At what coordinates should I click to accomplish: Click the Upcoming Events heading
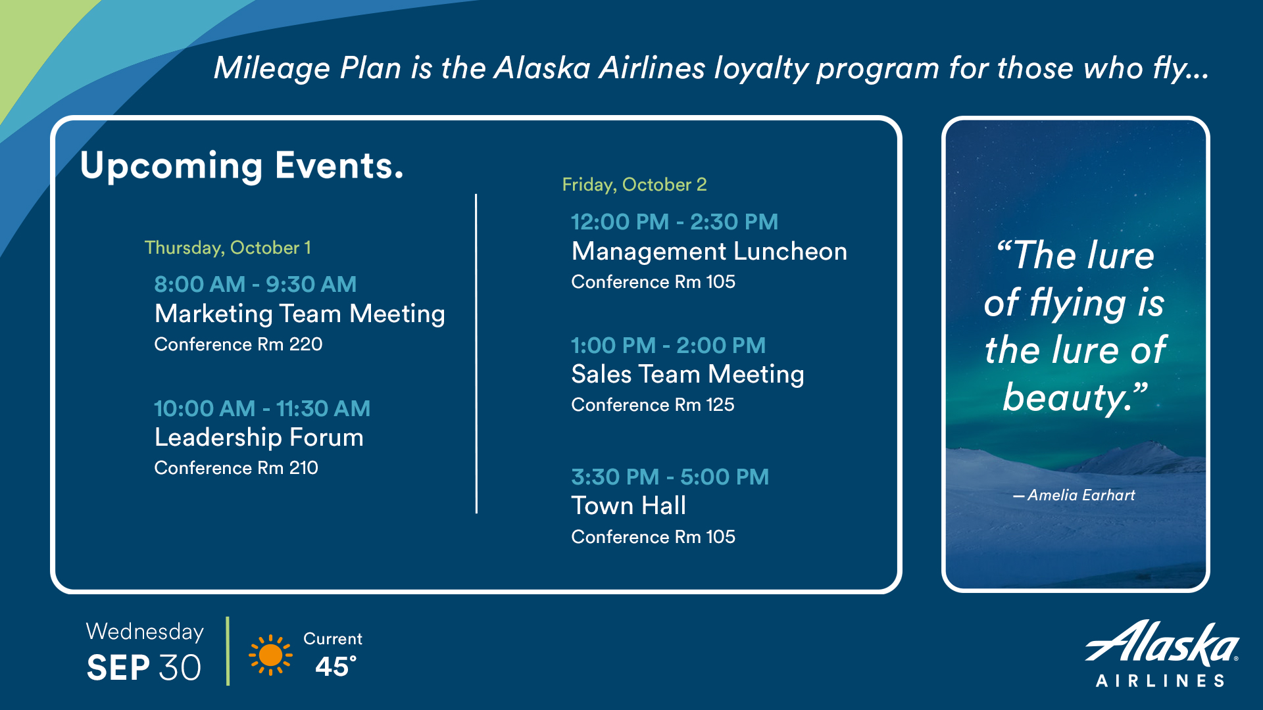241,166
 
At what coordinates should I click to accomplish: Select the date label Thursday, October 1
228,248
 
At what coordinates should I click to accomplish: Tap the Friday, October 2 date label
634,185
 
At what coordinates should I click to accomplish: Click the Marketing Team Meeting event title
299,314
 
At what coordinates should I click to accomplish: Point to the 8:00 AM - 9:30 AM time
255,284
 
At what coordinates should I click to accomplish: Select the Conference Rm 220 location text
238,344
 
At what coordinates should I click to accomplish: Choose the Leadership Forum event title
259,437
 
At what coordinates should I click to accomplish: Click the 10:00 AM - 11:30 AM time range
262,408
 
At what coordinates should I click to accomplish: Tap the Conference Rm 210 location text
236,467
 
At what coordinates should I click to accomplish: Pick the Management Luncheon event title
709,251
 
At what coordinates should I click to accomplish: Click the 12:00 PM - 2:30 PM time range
674,222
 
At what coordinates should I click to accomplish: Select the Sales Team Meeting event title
687,374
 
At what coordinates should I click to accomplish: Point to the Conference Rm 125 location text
653,404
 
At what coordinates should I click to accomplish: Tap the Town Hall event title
628,506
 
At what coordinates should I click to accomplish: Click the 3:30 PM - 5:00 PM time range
670,477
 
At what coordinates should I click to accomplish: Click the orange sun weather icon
270,655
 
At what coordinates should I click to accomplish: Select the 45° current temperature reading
335,667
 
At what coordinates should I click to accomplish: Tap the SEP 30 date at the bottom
143,668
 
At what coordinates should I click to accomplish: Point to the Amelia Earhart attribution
1074,495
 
